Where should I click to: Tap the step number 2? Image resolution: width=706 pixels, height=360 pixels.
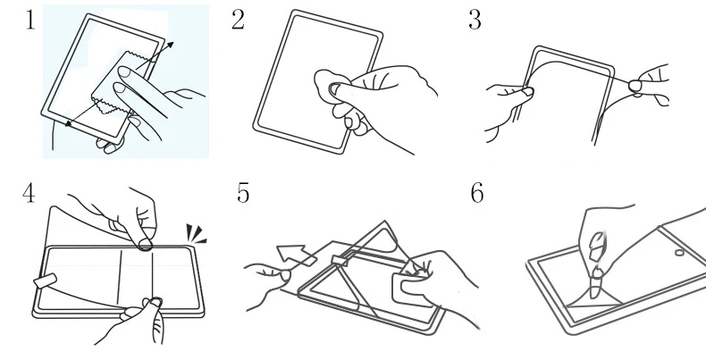click(237, 21)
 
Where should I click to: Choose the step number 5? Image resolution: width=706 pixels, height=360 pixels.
click(242, 194)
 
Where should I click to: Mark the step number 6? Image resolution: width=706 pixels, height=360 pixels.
click(477, 194)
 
